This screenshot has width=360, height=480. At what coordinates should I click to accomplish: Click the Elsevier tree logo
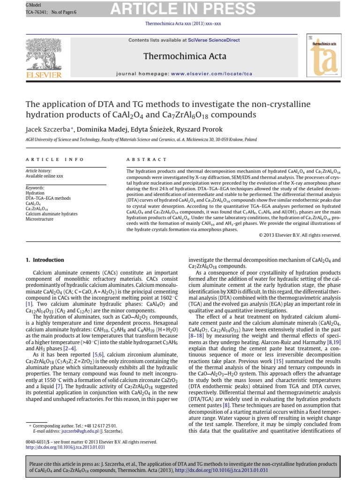[45, 55]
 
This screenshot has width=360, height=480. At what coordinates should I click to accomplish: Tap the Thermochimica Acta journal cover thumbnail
[323, 55]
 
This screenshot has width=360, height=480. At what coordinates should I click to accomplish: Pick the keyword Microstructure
[40, 219]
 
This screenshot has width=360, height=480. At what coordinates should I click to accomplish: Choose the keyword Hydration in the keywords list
[35, 193]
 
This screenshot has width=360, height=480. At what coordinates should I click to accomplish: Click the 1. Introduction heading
[45, 260]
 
